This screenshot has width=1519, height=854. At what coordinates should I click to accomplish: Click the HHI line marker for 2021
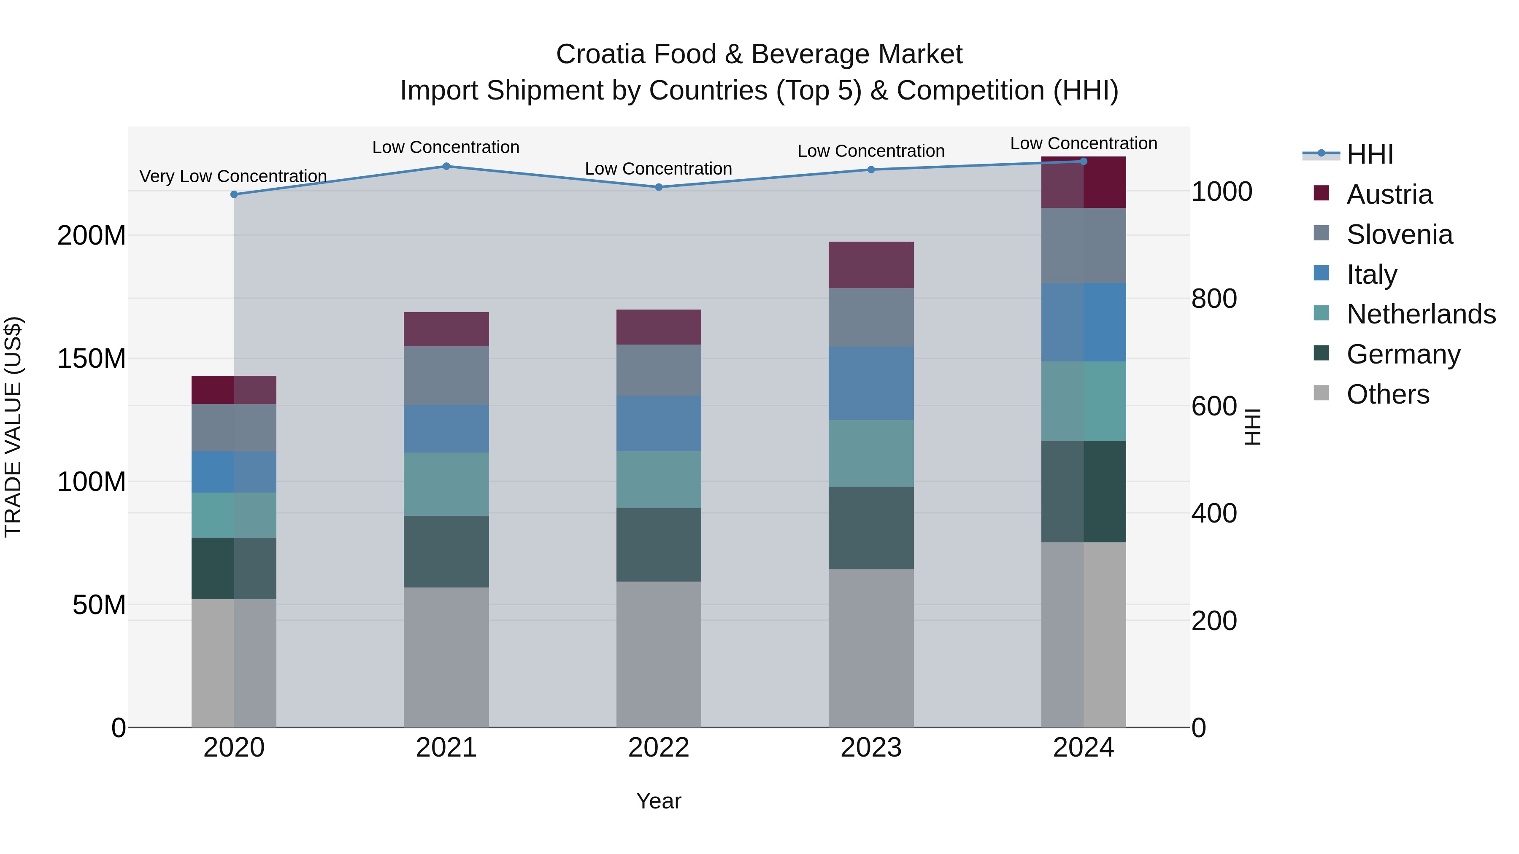pyautogui.click(x=446, y=166)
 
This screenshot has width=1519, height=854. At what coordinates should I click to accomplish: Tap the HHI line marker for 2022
pyautogui.click(x=659, y=187)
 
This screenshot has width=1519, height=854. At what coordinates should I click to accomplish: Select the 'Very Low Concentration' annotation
pyautogui.click(x=233, y=176)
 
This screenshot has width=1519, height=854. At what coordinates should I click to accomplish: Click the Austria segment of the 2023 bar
pyautogui.click(x=871, y=264)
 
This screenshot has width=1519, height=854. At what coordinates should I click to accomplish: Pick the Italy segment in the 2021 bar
pyautogui.click(x=446, y=428)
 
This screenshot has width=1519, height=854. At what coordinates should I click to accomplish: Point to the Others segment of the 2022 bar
pyautogui.click(x=659, y=654)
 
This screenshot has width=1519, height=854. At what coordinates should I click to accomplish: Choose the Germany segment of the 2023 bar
pyautogui.click(x=871, y=528)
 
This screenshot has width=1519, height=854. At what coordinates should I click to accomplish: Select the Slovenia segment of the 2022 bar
pyautogui.click(x=659, y=370)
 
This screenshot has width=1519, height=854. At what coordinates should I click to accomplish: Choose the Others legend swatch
pyautogui.click(x=1322, y=393)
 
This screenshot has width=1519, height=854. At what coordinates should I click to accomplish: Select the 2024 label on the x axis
pyautogui.click(x=1083, y=748)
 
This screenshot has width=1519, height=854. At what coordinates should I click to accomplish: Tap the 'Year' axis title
pyautogui.click(x=659, y=801)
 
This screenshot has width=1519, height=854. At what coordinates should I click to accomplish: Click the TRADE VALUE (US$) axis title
pyautogui.click(x=13, y=427)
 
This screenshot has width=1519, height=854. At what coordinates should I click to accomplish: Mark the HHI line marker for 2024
pyautogui.click(x=1083, y=162)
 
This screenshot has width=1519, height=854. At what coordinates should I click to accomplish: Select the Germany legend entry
pyautogui.click(x=1403, y=354)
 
